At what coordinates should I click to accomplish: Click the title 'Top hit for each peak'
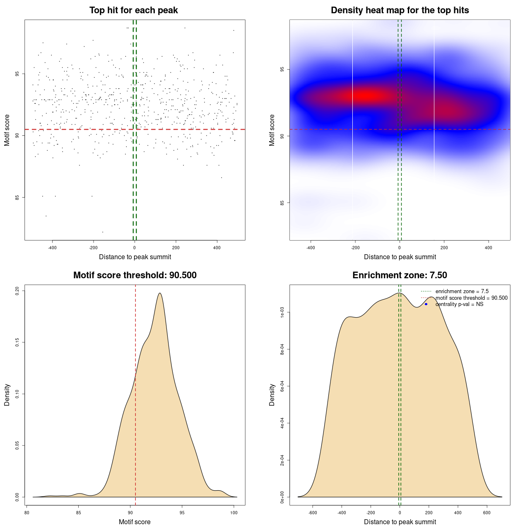133,10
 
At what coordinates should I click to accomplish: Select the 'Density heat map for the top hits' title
400,10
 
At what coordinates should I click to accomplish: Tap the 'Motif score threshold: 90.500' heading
135,275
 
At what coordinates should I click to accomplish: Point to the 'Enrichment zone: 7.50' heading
400,275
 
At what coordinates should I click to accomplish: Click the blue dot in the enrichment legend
426,304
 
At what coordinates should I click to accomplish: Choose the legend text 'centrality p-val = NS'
459,304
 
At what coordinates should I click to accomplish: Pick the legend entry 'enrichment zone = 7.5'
462,291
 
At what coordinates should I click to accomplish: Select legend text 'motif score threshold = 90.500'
471,298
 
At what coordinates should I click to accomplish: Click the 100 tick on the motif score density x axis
234,513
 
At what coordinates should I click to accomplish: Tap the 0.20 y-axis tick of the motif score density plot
17,291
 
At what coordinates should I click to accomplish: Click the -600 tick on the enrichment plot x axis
313,513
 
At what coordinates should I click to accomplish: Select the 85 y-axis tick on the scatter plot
17,197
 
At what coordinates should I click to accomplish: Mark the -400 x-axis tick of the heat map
311,248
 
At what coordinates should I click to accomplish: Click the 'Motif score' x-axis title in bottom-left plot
135,522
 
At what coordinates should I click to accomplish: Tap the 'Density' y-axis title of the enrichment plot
272,395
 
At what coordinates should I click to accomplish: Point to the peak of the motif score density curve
159,293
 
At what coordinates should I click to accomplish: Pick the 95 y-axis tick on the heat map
282,69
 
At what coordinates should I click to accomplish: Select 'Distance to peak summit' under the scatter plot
135,257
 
